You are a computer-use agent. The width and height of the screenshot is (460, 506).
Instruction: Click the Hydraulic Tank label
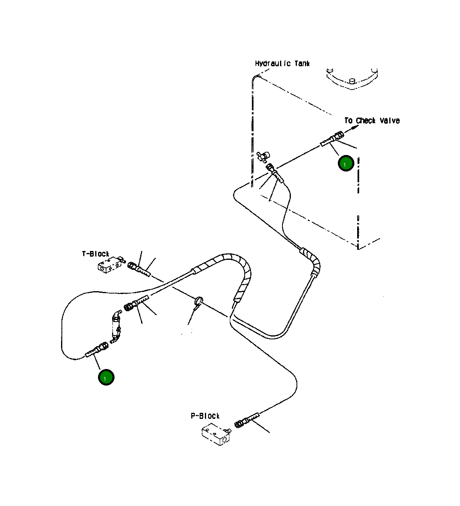point(282,63)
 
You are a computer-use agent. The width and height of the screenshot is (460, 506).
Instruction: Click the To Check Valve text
point(372,120)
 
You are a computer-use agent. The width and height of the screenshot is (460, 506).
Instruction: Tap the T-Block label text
point(96,254)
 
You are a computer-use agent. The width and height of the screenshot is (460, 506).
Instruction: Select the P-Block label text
point(205,416)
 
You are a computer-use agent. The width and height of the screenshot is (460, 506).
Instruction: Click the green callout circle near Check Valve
point(346,163)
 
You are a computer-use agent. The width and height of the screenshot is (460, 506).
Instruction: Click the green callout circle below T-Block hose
point(106,377)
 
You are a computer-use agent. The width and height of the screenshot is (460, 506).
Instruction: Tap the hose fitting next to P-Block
point(246,421)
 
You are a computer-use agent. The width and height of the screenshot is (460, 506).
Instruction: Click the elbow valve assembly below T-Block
point(117,326)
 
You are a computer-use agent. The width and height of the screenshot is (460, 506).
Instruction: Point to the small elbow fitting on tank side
point(264,156)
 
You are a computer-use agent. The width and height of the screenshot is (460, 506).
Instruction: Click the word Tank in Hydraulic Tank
point(302,63)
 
